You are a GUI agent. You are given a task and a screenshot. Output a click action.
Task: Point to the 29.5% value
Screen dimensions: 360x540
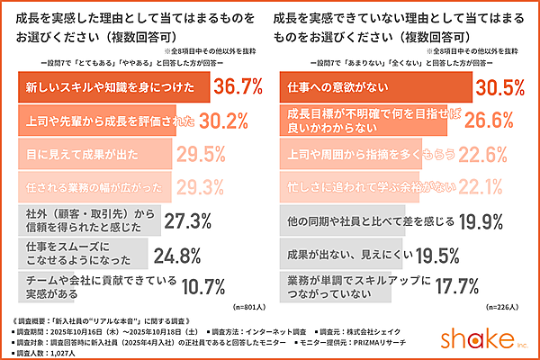202,153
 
